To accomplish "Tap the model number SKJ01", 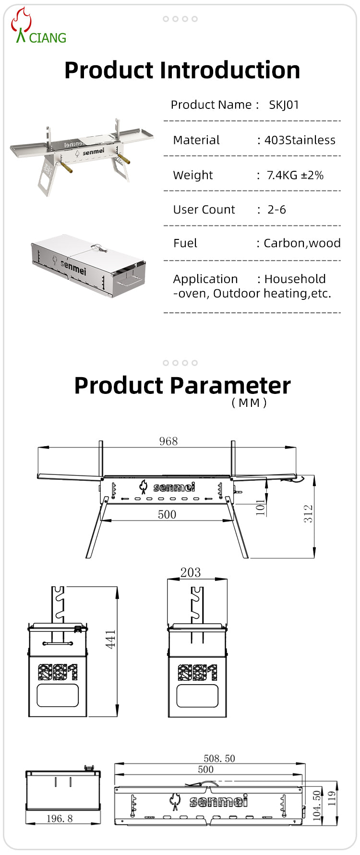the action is [284, 105].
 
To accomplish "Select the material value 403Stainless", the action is [300, 140].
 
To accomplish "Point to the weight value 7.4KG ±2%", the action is [295, 175].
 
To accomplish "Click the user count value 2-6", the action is [276, 210].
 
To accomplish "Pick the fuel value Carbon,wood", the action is [302, 243].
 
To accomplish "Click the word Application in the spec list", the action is [205, 279].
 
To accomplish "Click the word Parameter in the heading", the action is [230, 386].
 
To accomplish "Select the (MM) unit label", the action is [249, 403].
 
